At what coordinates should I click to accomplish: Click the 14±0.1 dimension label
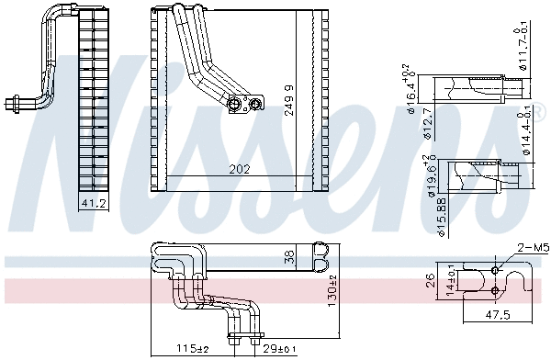pyautogui.click(x=450, y=281)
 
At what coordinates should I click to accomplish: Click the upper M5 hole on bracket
pyautogui.click(x=495, y=271)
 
